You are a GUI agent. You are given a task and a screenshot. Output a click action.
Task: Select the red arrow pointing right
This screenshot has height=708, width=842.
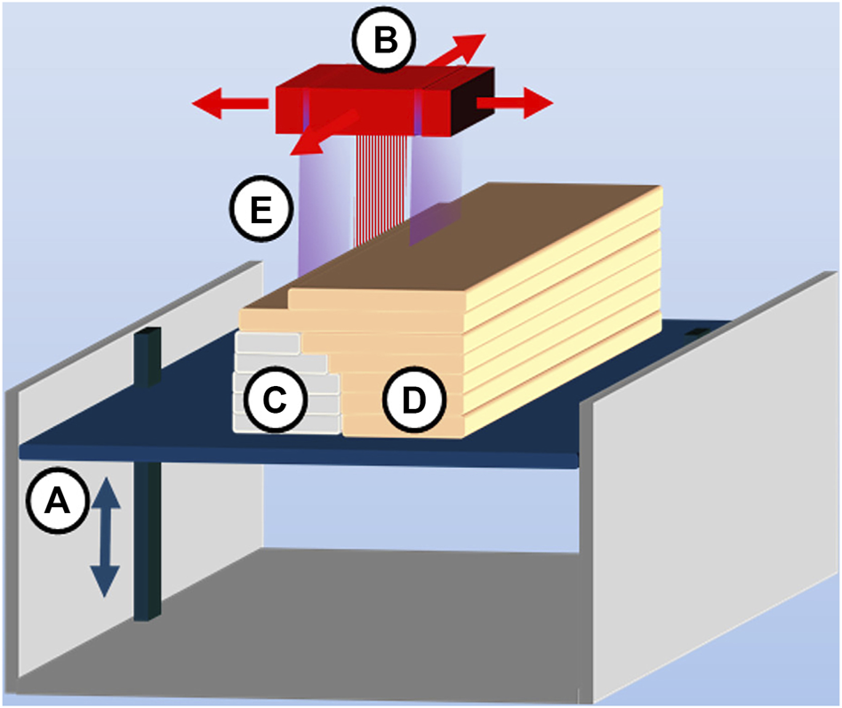click(515, 104)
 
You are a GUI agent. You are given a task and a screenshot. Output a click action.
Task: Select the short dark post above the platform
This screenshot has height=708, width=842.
click(148, 356)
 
